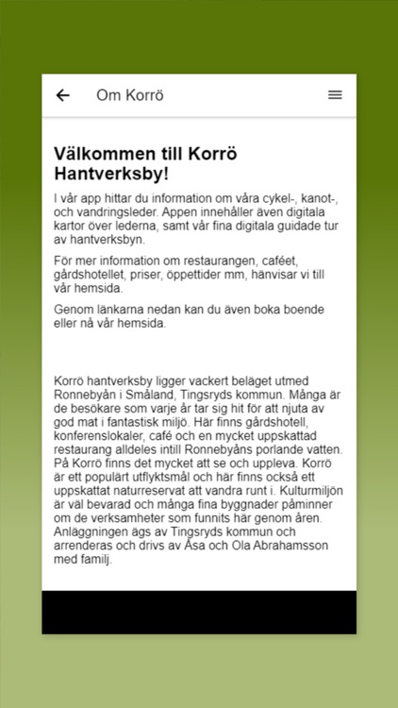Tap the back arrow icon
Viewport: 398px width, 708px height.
point(63,95)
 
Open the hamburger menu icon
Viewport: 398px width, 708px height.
point(335,95)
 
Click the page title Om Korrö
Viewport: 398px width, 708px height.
point(130,95)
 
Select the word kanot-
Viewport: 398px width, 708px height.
point(321,199)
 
